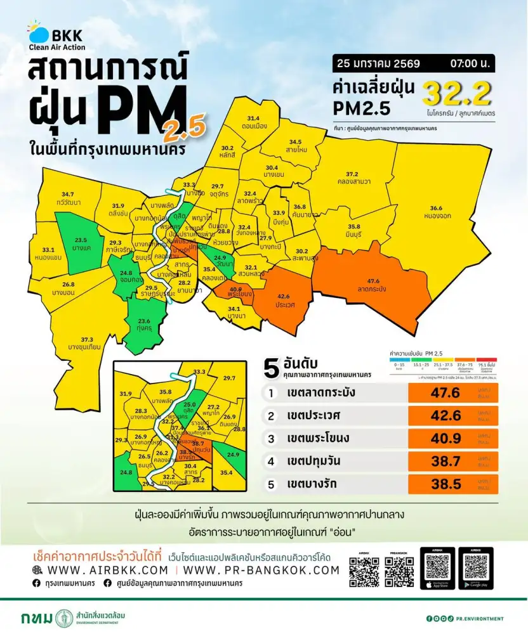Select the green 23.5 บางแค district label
pos(80,244)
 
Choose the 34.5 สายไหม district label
pos(295,145)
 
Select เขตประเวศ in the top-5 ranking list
pos(313,416)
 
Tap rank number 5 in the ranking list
pos(271,485)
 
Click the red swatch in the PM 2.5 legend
pos(486,359)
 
